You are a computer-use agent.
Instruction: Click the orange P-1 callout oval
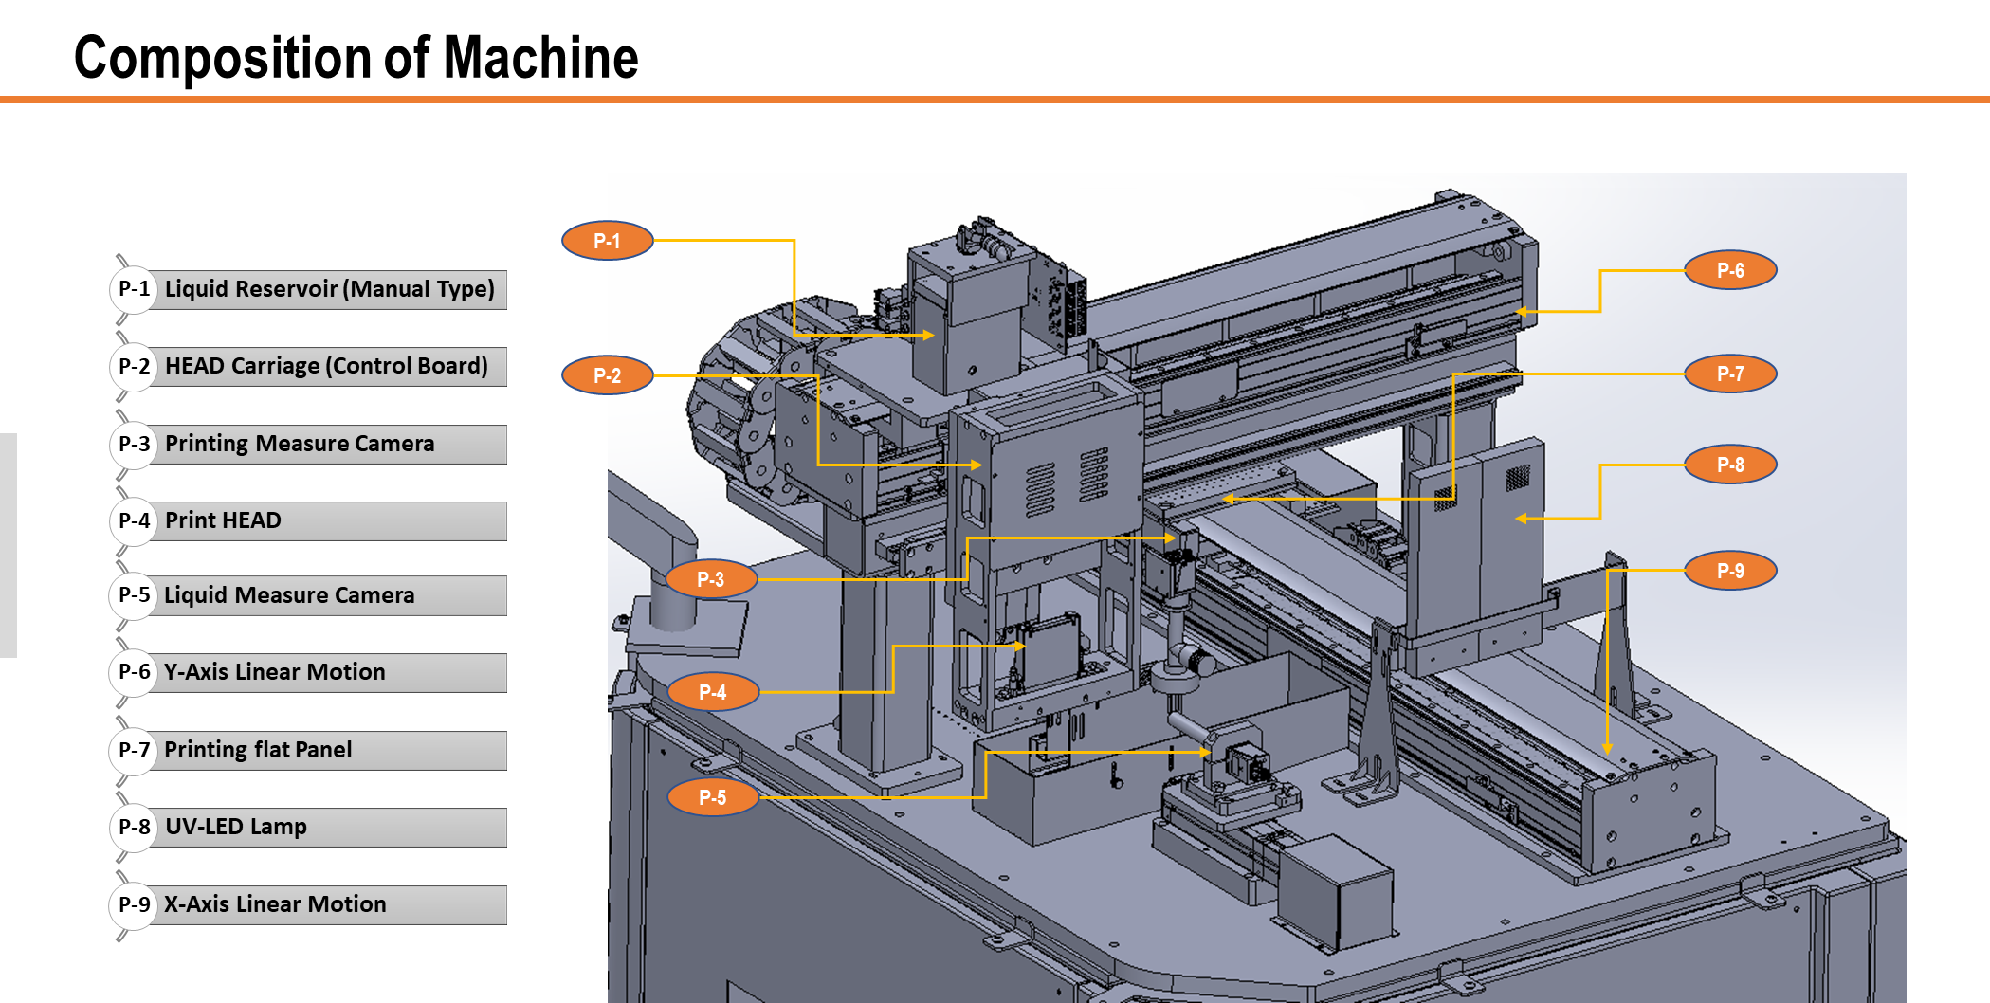point(607,241)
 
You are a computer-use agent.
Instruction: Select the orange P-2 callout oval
point(607,375)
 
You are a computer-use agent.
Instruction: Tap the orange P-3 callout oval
point(710,579)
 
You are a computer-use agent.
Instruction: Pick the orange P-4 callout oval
point(712,692)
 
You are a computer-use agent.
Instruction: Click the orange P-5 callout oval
point(712,797)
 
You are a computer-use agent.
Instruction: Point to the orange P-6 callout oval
point(1730,270)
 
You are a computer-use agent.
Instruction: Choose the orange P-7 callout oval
point(1730,374)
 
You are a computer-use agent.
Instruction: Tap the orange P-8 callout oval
point(1730,465)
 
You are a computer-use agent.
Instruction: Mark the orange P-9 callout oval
point(1730,571)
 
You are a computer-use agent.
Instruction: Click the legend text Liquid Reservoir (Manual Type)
point(329,289)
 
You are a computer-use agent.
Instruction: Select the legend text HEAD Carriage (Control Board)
point(326,366)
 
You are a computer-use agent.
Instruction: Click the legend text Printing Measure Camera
point(300,444)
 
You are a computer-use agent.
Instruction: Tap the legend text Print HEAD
point(223,520)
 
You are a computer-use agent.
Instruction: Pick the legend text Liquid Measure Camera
point(289,595)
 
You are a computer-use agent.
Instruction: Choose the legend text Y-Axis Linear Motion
point(275,672)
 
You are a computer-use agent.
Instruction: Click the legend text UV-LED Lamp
point(236,827)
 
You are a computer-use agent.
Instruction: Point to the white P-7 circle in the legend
point(134,750)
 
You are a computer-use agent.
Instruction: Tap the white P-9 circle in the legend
point(134,904)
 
